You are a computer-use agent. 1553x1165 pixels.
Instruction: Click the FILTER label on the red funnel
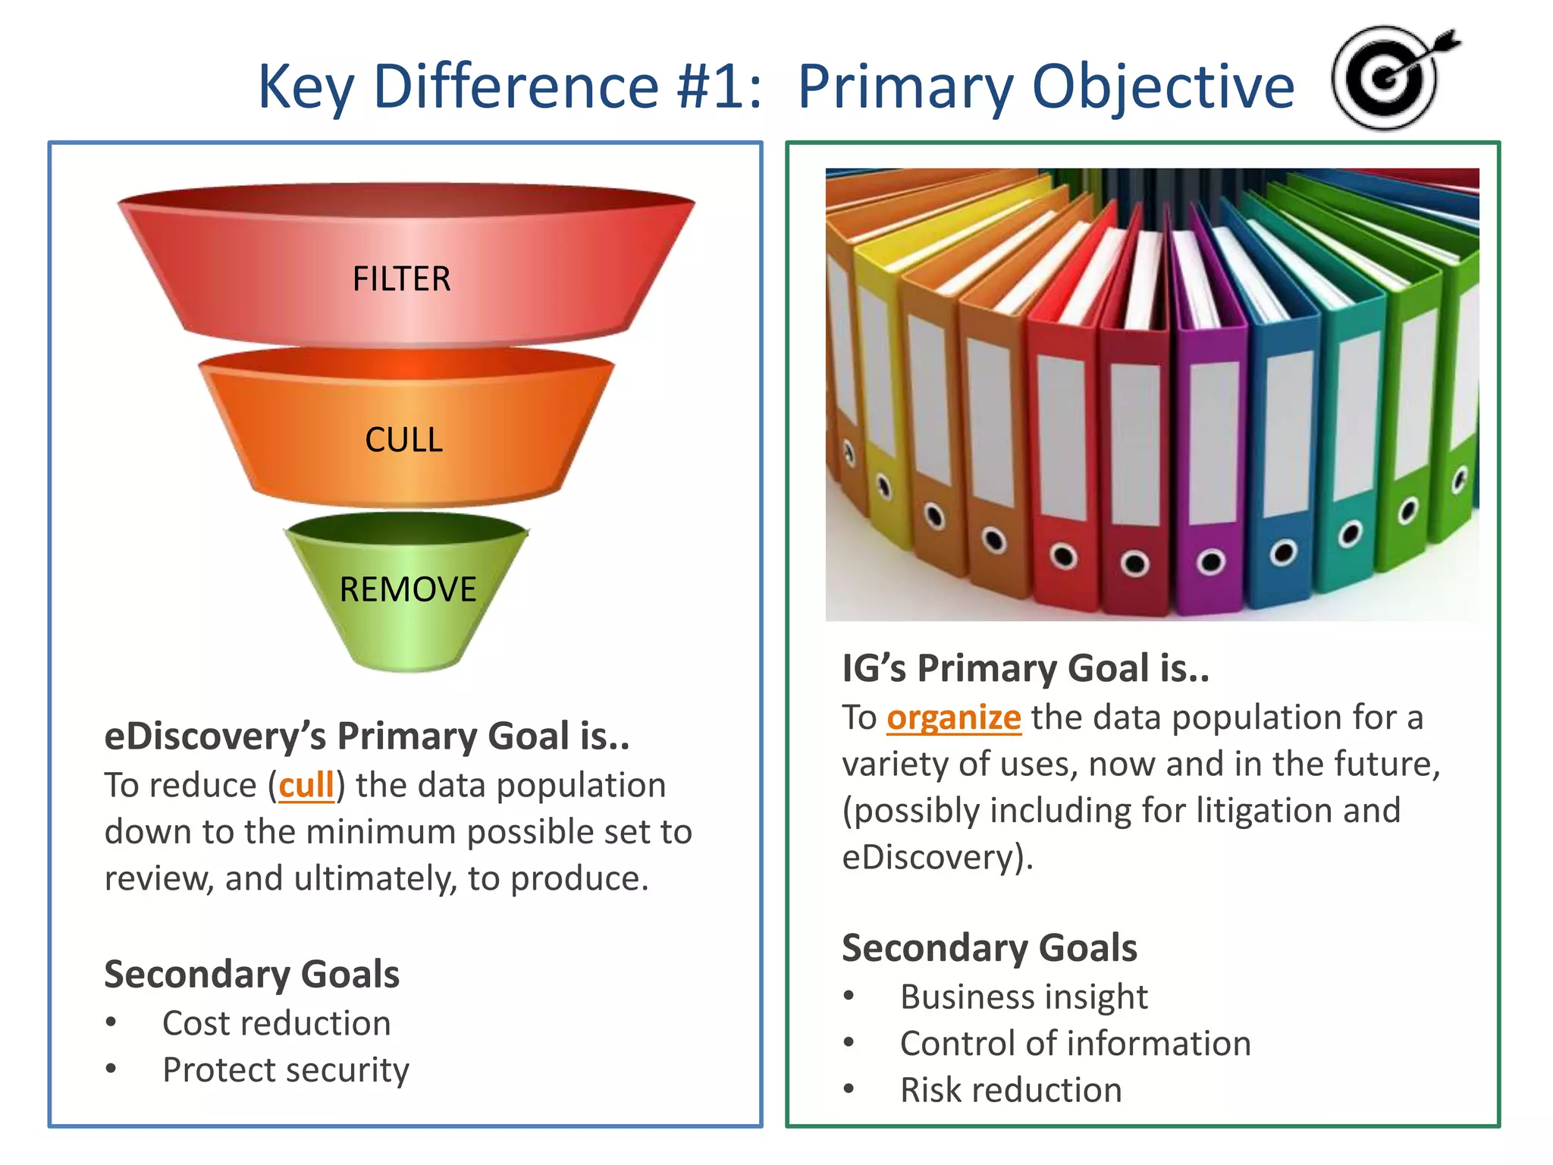[401, 279]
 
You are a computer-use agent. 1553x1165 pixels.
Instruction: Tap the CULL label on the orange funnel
[403, 440]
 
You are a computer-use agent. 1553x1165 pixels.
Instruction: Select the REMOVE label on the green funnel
[408, 589]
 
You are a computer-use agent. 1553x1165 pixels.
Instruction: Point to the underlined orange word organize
[953, 718]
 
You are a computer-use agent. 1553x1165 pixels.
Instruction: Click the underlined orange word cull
[306, 785]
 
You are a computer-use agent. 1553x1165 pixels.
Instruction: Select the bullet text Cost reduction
[277, 1023]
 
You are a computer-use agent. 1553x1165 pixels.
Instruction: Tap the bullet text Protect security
[286, 1070]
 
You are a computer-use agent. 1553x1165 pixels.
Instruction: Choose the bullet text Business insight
[1024, 997]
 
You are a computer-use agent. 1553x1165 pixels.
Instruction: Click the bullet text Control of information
[1075, 1044]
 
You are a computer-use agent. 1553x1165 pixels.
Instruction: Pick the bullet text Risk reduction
[1011, 1090]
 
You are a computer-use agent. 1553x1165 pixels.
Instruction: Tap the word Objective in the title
[1163, 88]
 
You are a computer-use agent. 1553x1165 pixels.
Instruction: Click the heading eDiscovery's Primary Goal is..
[366, 736]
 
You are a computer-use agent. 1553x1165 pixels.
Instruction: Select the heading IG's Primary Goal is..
[1025, 668]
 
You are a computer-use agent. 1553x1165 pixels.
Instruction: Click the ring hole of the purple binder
[1210, 562]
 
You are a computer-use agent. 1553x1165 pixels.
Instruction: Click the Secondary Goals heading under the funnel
[252, 974]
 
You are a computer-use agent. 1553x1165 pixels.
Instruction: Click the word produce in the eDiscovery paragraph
[579, 878]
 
